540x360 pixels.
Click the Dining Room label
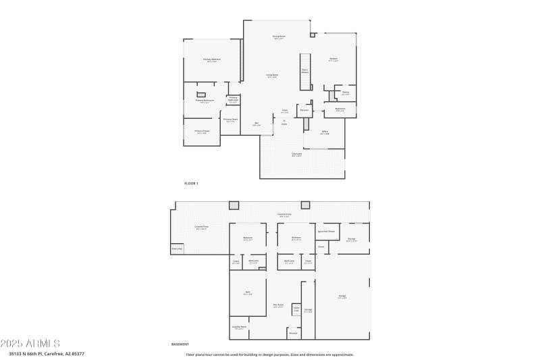279,36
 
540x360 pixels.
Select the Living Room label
272,75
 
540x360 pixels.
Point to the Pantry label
345,93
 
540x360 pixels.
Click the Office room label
325,132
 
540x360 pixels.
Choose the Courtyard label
296,154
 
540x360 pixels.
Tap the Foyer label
285,111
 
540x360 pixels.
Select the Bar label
256,124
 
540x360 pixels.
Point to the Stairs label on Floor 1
305,70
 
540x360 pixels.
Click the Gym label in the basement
247,292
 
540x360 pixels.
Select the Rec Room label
278,305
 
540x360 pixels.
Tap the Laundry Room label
240,328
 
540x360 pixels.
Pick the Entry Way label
177,249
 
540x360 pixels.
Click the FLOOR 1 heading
192,183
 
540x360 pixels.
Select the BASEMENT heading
180,344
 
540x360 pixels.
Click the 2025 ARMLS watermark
30,344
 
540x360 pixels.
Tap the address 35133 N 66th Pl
28,353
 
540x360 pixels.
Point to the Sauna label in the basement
296,309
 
